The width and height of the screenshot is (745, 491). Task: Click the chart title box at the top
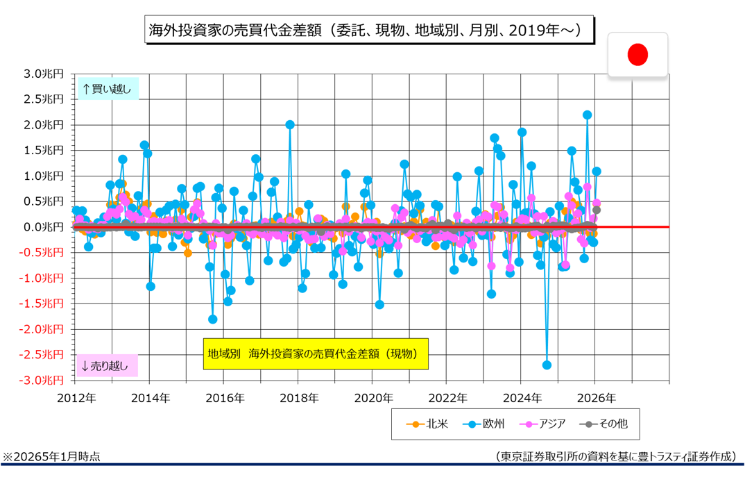click(x=370, y=31)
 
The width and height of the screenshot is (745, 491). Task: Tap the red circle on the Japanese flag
click(x=637, y=54)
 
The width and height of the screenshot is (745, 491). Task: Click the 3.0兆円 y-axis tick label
click(x=43, y=74)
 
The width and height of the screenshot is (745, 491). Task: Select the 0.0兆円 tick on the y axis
click(x=43, y=227)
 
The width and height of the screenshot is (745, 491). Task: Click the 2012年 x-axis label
click(x=76, y=398)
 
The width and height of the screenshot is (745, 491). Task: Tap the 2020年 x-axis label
click(x=372, y=398)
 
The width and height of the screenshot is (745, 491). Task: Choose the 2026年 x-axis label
click(x=595, y=398)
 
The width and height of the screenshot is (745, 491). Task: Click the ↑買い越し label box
click(x=107, y=88)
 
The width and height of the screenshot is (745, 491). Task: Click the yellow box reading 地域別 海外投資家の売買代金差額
click(x=315, y=353)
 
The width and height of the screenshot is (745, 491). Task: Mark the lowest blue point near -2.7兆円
click(x=547, y=365)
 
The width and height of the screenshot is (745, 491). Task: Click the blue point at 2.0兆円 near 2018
click(x=290, y=125)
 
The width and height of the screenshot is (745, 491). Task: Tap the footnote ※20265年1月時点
click(x=52, y=456)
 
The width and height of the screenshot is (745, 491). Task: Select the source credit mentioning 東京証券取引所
click(x=615, y=456)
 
